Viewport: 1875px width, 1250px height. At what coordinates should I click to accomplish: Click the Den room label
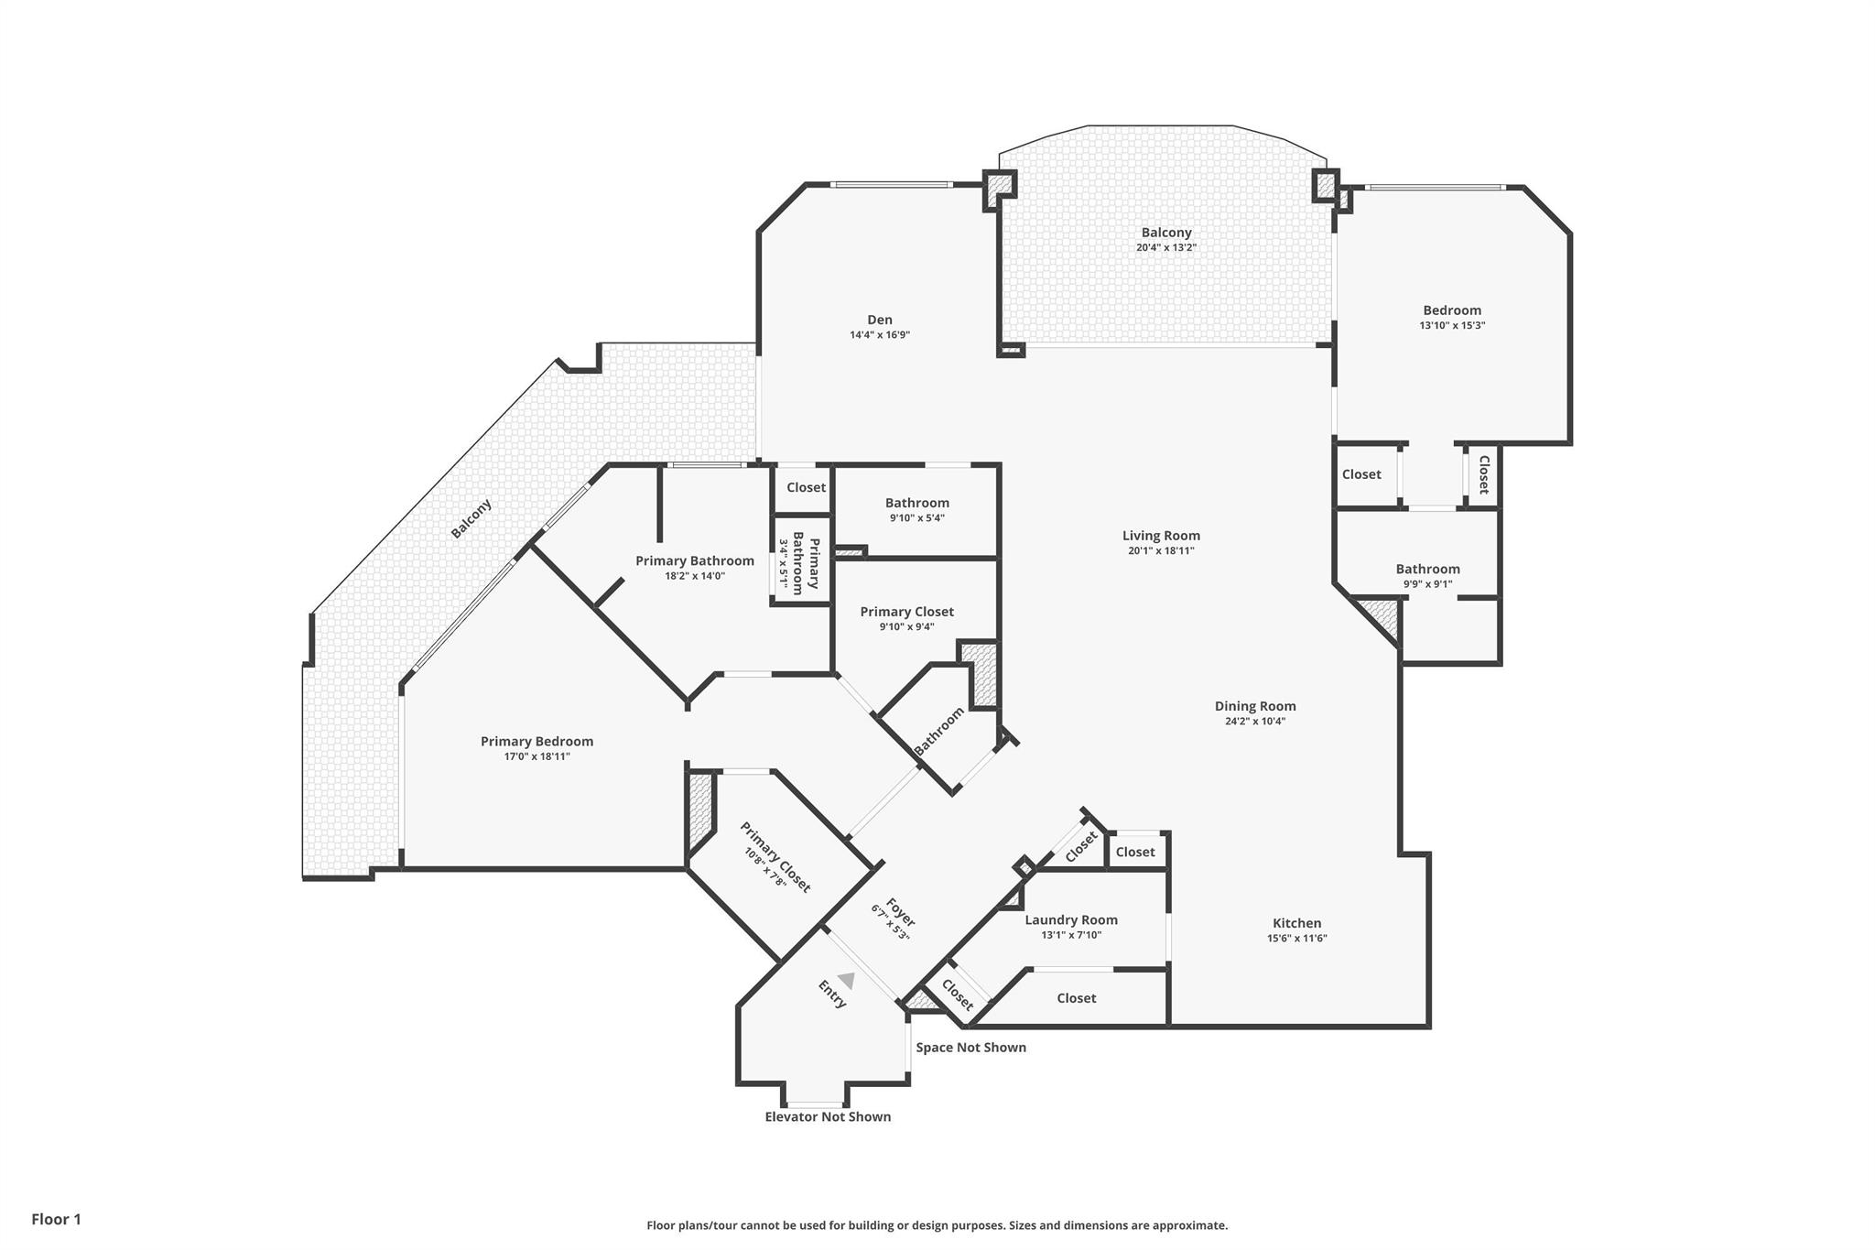click(x=879, y=320)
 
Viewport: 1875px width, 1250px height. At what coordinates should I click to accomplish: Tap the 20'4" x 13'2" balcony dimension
click(x=1165, y=247)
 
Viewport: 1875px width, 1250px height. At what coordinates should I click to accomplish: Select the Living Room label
click(x=1160, y=536)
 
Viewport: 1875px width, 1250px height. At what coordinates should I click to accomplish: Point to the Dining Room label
click(x=1254, y=706)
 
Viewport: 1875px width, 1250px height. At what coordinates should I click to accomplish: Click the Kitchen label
click(x=1296, y=923)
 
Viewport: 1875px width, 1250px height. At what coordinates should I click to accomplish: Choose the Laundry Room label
click(x=1070, y=920)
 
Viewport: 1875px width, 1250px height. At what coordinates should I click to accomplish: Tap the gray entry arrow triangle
click(x=847, y=981)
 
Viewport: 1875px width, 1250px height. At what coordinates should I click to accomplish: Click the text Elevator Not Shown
click(x=827, y=1116)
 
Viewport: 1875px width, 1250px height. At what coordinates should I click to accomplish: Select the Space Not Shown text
click(x=970, y=1047)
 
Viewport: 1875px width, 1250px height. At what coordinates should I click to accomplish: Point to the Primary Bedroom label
click(x=536, y=742)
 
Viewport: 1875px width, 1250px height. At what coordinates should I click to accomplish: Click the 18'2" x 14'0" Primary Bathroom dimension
click(x=694, y=576)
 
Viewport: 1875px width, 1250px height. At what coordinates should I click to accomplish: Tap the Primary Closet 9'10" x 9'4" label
click(x=906, y=612)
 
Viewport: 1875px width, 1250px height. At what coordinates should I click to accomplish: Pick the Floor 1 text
click(x=56, y=1219)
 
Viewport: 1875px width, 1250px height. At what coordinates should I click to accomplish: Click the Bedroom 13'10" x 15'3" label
click(x=1451, y=310)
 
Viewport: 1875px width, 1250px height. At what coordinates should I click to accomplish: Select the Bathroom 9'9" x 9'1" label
click(x=1426, y=569)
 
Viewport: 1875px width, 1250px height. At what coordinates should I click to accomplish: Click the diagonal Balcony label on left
click(x=471, y=518)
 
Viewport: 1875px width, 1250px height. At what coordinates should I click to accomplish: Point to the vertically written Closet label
click(x=1483, y=474)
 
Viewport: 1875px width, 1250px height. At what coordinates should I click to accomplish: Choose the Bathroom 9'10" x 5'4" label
click(x=916, y=503)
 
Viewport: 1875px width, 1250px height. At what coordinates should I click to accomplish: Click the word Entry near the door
click(x=831, y=995)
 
